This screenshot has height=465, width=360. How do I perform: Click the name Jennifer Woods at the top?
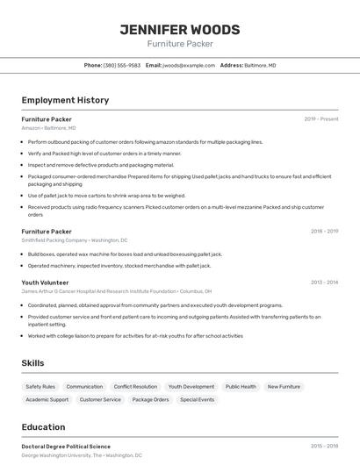[x=180, y=29]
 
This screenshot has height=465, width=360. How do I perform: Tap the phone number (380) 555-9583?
[x=122, y=65]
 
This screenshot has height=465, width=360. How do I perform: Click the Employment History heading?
[x=65, y=100]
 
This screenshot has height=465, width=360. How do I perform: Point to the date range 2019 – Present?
[x=321, y=119]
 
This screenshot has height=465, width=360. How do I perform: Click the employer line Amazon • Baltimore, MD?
[x=48, y=128]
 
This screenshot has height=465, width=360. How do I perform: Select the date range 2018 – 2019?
[x=324, y=232]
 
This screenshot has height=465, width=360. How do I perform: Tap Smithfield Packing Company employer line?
[x=75, y=240]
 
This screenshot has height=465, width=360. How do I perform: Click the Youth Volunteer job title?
[x=46, y=283]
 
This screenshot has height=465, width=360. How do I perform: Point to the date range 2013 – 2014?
[x=324, y=283]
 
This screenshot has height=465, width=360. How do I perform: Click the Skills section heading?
[x=32, y=362]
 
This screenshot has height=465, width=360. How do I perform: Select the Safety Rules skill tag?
[x=40, y=387]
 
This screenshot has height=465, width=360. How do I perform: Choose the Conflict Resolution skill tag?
[x=135, y=387]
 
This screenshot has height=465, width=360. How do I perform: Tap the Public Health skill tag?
[x=241, y=387]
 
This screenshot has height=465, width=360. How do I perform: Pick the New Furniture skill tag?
[x=284, y=387]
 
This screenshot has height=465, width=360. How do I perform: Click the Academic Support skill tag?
[x=47, y=400]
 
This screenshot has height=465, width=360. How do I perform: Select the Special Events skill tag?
[x=197, y=400]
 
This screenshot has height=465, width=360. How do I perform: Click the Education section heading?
[x=43, y=427]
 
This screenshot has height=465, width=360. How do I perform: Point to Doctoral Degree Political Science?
[x=66, y=447]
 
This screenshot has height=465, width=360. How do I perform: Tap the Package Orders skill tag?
[x=150, y=400]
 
